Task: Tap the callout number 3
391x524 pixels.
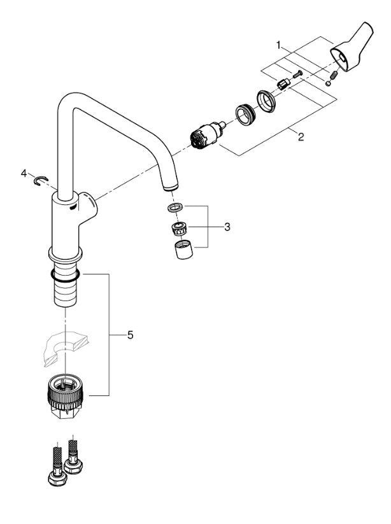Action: coord(227,226)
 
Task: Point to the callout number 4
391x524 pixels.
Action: coord(24,173)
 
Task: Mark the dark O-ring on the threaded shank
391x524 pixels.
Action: coord(64,275)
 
